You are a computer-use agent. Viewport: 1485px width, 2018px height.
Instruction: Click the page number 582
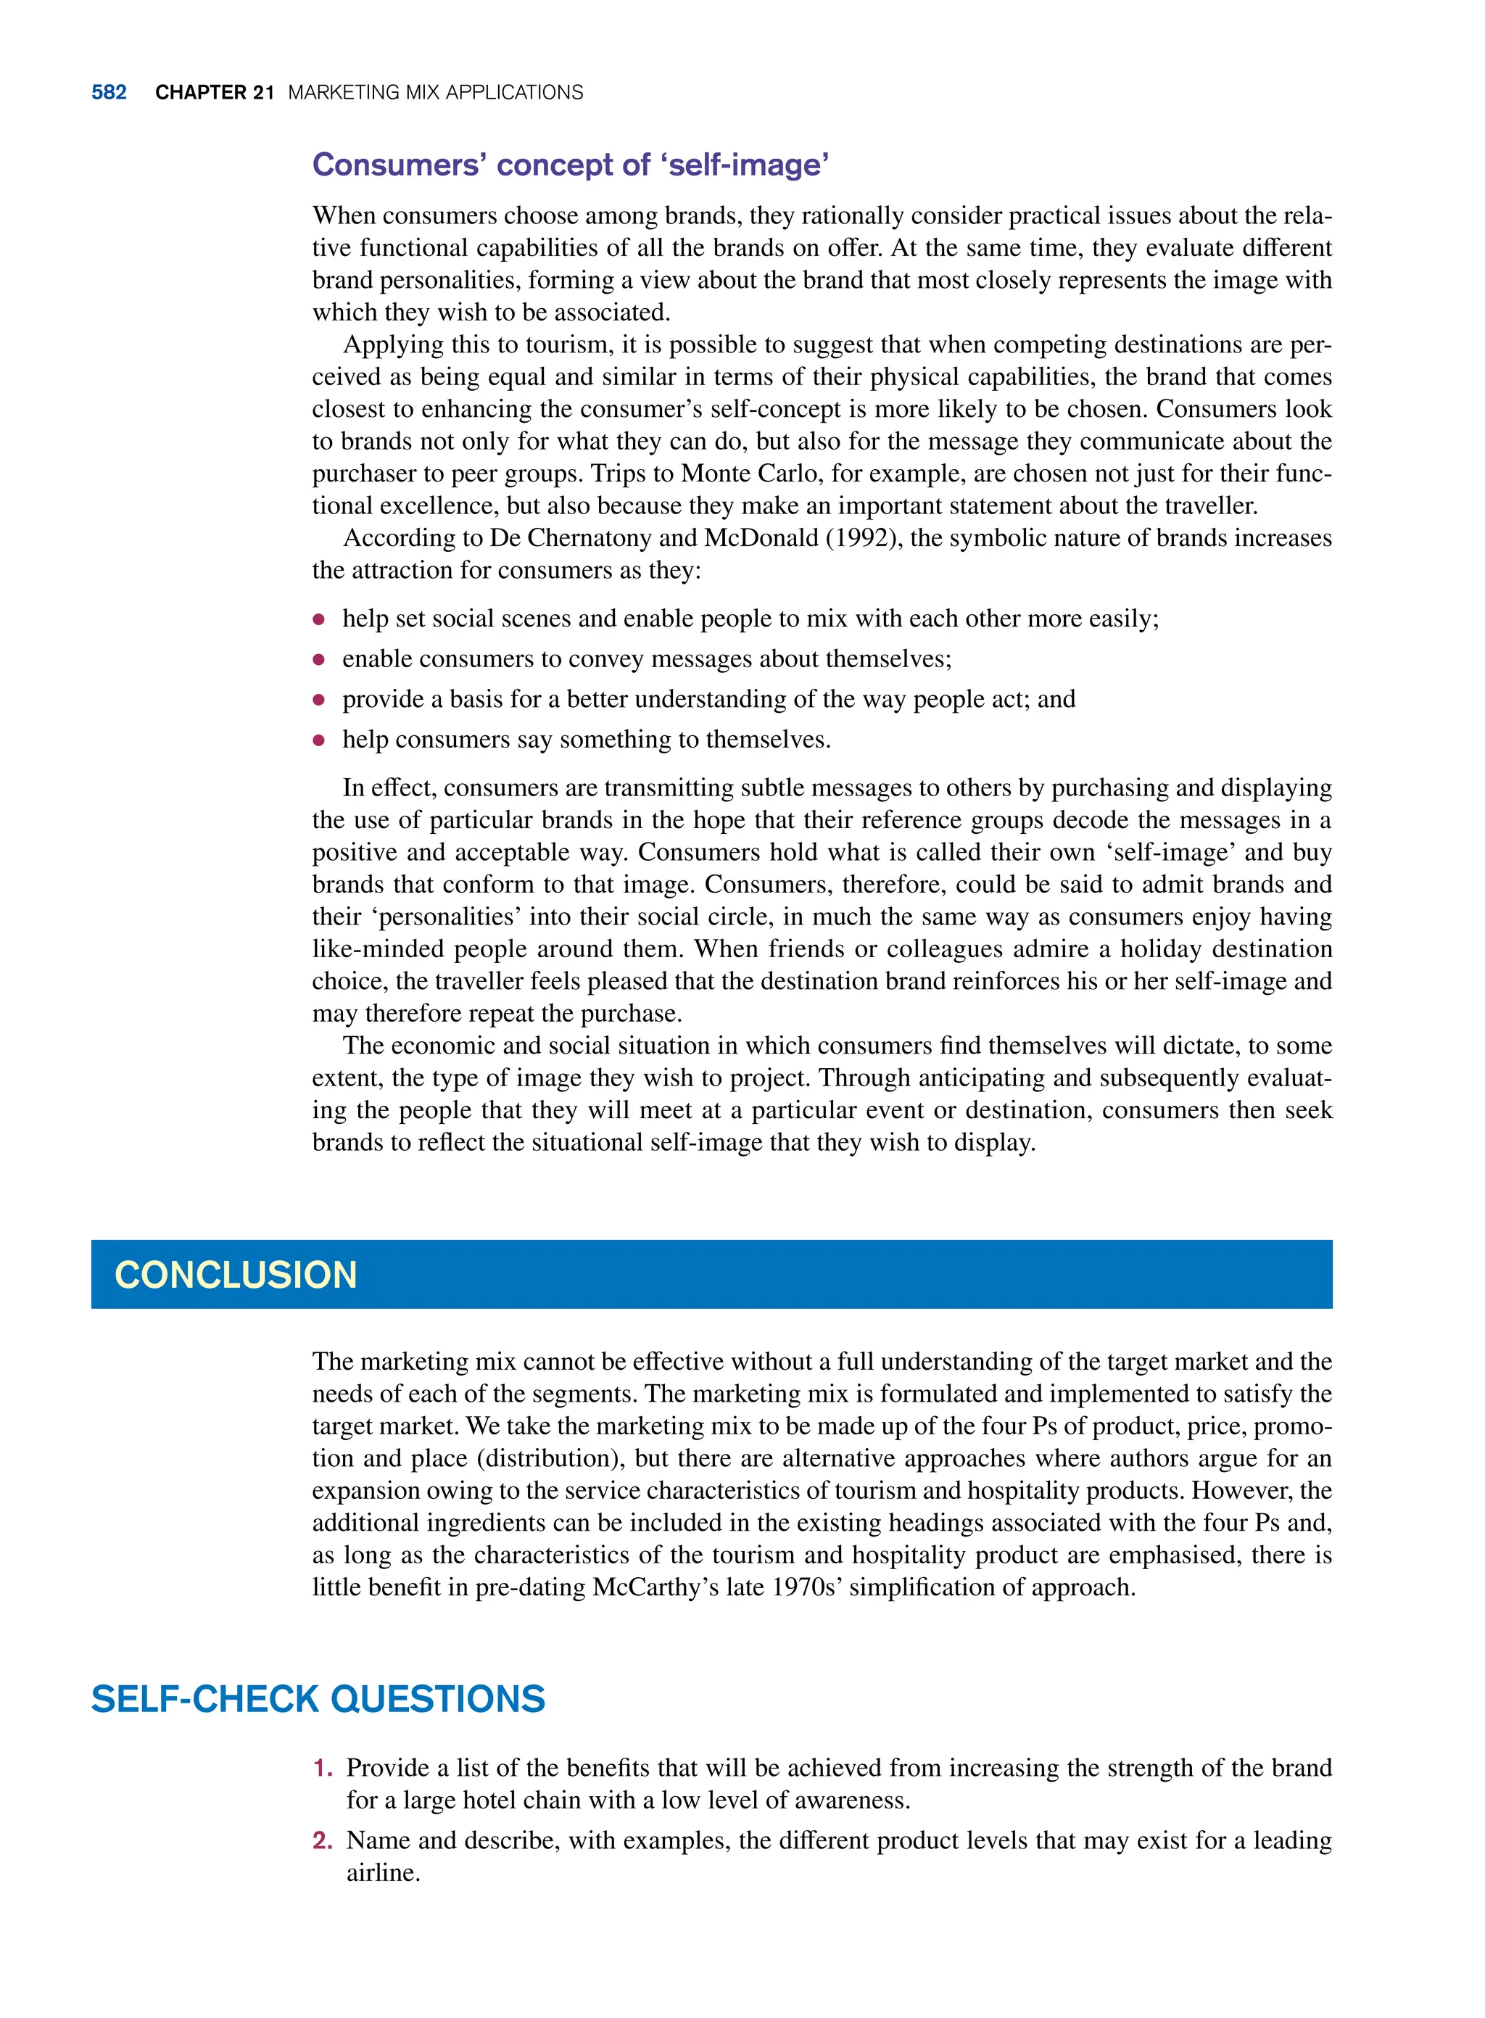(109, 93)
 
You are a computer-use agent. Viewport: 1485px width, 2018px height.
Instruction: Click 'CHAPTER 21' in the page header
(214, 93)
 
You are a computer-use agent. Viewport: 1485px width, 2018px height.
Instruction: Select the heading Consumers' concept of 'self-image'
(570, 165)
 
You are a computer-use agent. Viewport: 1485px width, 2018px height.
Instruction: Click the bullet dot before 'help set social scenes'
(318, 619)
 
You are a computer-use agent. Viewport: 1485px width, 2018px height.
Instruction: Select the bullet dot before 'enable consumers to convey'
(318, 660)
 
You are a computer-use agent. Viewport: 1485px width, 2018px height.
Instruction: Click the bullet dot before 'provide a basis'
(318, 700)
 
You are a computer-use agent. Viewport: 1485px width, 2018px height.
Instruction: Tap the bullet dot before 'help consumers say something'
(318, 740)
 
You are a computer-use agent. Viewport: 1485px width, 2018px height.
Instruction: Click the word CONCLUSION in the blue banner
(236, 1275)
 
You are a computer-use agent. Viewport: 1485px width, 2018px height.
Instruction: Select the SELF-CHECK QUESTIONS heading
(318, 1700)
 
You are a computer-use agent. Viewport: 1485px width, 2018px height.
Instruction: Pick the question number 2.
(322, 1841)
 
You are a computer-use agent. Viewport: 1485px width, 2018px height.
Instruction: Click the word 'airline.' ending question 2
(383, 1873)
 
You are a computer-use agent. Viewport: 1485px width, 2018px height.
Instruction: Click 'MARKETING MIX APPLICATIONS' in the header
(435, 93)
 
